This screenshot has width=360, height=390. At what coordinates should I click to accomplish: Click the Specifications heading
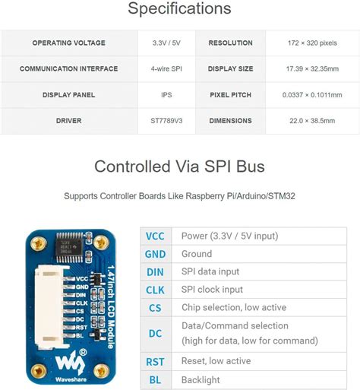179,10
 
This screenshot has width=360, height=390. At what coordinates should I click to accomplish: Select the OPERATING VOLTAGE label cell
68,43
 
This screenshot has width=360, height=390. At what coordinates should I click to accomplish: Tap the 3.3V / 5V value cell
167,43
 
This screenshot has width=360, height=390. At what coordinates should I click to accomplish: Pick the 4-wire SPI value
167,69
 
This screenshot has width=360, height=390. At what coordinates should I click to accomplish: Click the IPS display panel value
167,95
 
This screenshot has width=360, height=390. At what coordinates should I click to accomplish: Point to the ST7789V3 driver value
167,121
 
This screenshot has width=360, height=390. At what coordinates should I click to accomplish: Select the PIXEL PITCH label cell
230,95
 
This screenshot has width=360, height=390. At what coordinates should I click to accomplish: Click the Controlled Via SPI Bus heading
179,166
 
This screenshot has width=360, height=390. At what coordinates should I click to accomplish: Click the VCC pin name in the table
155,236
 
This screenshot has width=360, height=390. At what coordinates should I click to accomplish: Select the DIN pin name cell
155,272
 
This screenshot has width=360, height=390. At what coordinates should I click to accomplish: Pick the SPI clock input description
212,290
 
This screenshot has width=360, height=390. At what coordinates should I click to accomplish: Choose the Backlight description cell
201,380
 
